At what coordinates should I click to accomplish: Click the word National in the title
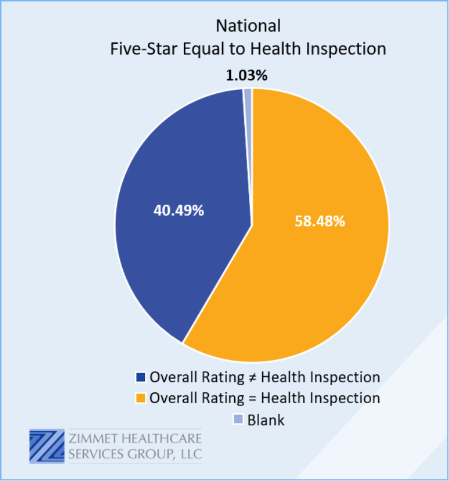point(248,26)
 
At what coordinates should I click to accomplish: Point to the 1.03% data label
point(247,75)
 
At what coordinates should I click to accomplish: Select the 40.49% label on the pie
point(178,210)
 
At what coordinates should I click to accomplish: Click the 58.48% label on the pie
point(320,221)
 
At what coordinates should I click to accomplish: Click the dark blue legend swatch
point(140,377)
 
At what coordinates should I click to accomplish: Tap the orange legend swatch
point(140,398)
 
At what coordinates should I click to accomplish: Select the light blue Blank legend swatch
point(238,419)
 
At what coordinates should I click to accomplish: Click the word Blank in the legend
point(266,420)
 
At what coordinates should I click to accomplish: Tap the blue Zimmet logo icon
point(47,446)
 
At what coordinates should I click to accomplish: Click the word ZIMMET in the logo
point(93,438)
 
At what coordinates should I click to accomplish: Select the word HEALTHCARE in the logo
point(162,438)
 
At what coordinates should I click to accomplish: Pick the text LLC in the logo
point(191,454)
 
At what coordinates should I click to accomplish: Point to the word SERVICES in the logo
point(96,454)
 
